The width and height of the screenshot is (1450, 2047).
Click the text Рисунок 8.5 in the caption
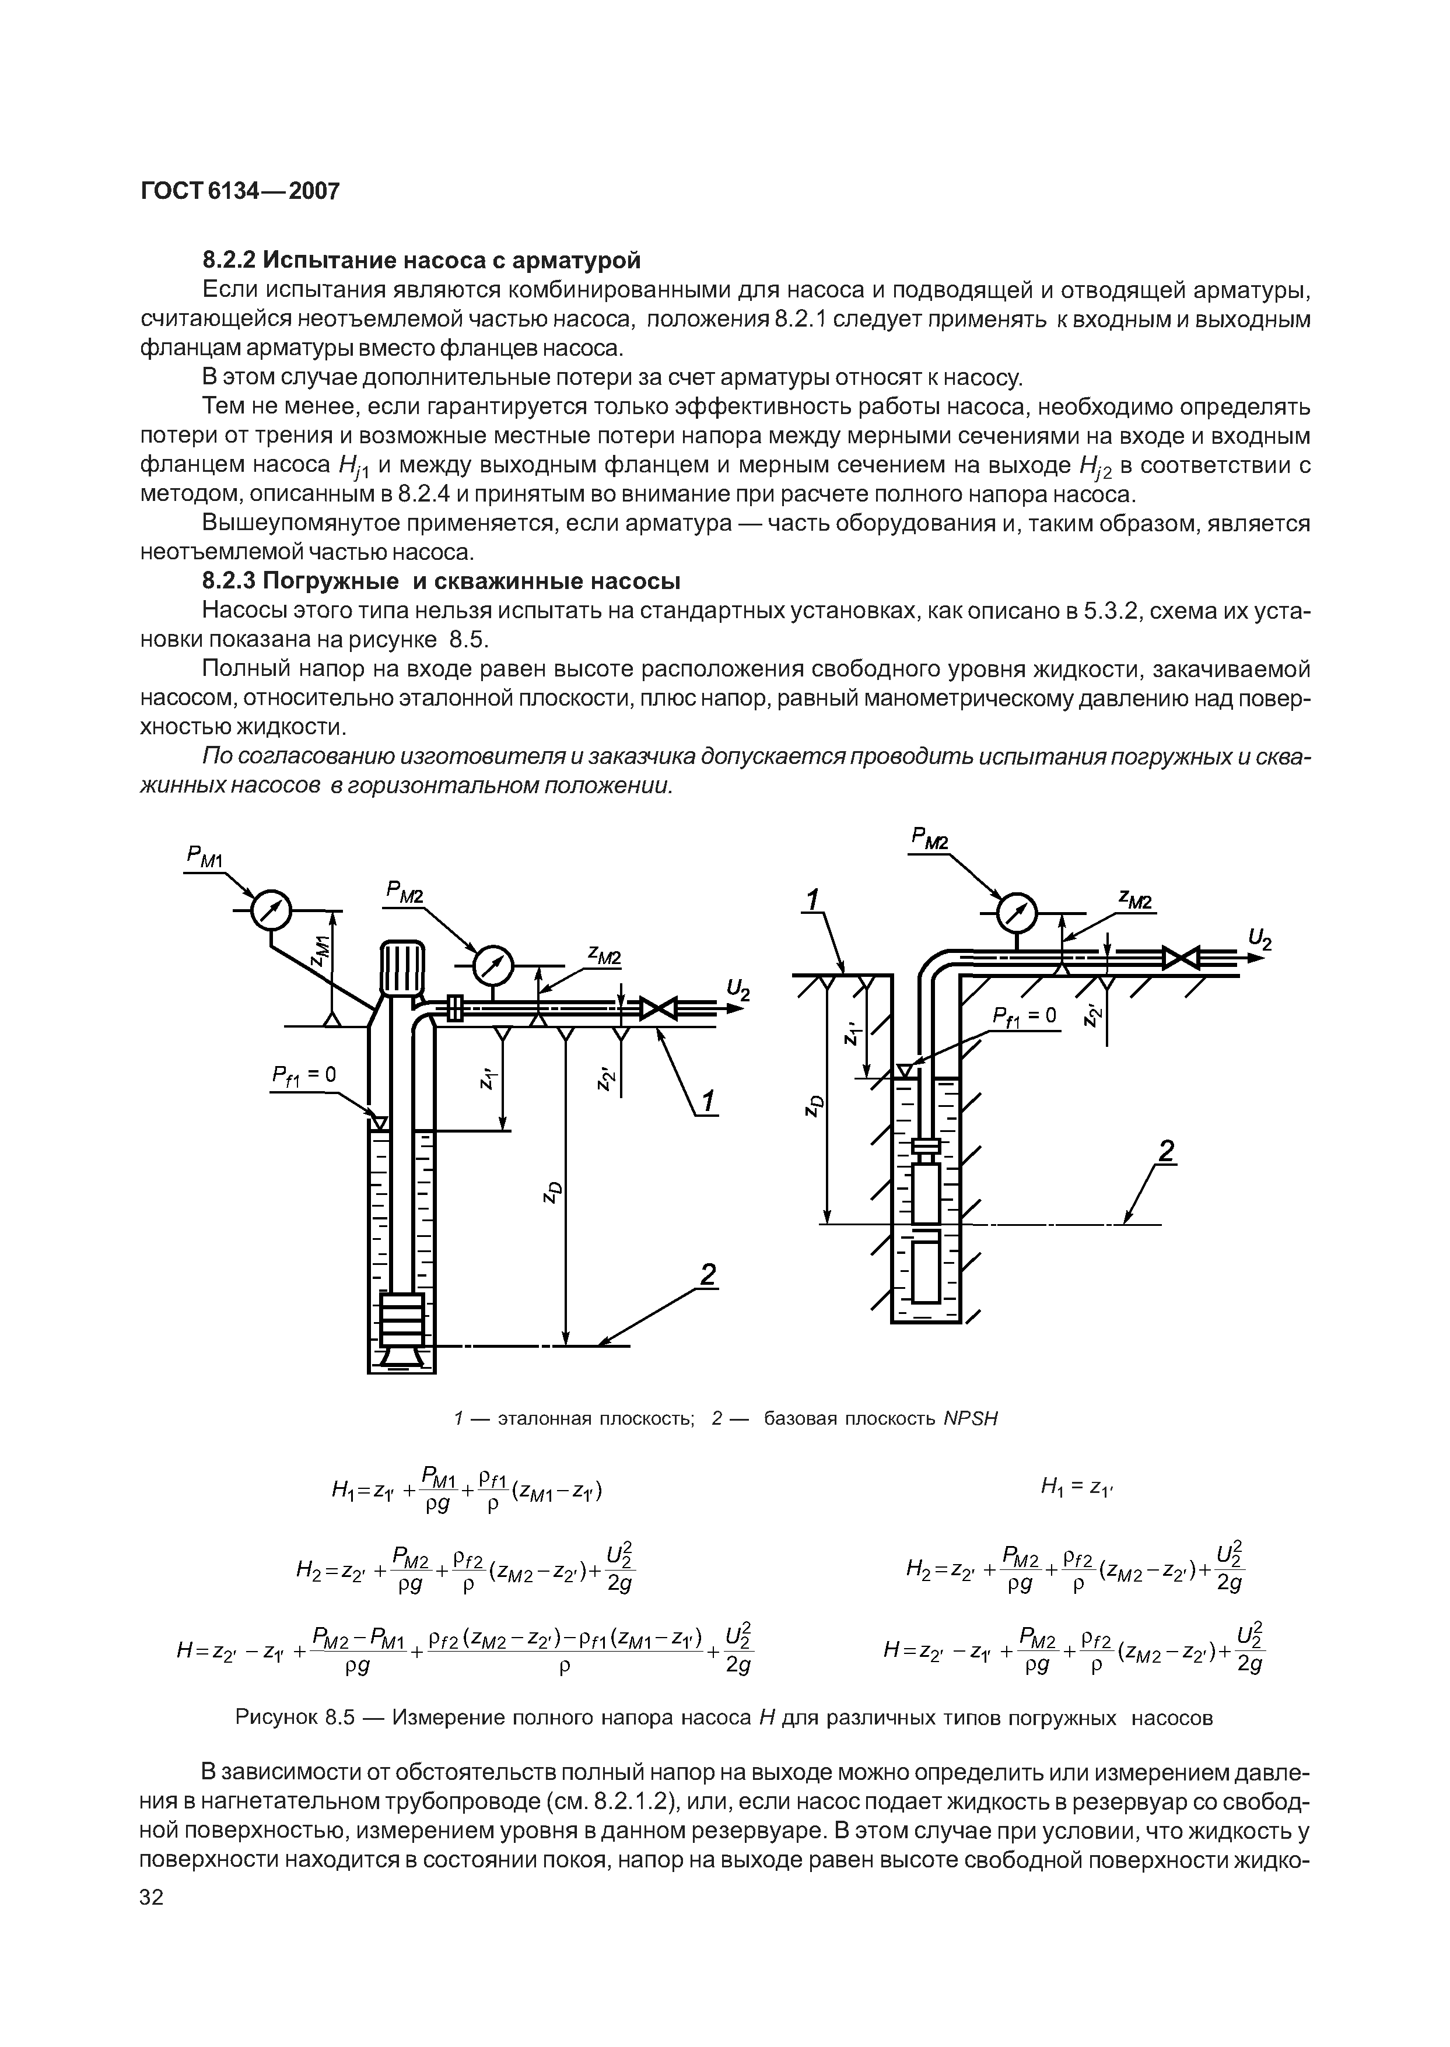pyautogui.click(x=295, y=1719)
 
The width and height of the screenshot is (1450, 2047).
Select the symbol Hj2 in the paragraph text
pyautogui.click(x=1094, y=467)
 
